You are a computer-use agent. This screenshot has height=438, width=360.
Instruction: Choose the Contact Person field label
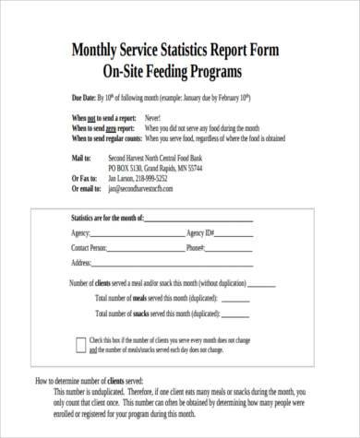(89, 248)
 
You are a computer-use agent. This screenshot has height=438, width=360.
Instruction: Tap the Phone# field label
(194, 248)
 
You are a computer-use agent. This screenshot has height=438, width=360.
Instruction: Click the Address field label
(82, 263)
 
